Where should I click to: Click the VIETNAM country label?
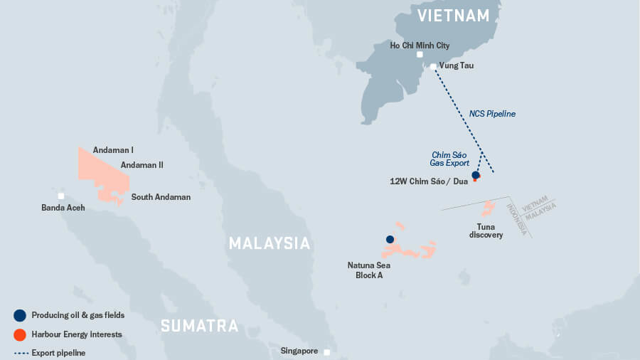pyautogui.click(x=453, y=16)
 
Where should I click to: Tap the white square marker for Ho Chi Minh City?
pyautogui.click(x=420, y=55)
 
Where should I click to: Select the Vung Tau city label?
pyautogui.click(x=456, y=65)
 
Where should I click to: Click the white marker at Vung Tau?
pyautogui.click(x=433, y=67)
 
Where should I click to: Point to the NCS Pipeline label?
pyautogui.click(x=492, y=114)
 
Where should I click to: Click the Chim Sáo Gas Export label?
pyautogui.click(x=449, y=159)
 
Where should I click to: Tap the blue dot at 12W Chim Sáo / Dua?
pyautogui.click(x=476, y=175)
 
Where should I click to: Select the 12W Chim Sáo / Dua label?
pyautogui.click(x=429, y=181)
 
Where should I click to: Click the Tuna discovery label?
pyautogui.click(x=486, y=231)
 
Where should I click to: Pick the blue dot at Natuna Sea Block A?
pyautogui.click(x=390, y=240)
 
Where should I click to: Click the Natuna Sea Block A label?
pyautogui.click(x=368, y=270)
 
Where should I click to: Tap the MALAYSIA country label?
pyautogui.click(x=270, y=243)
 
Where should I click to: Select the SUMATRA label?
pyautogui.click(x=199, y=326)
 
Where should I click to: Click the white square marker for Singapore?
pyautogui.click(x=326, y=352)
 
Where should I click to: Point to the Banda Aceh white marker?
pyautogui.click(x=61, y=196)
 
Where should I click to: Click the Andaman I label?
pyautogui.click(x=113, y=150)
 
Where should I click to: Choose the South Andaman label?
pyautogui.click(x=161, y=197)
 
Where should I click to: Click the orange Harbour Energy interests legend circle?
pyautogui.click(x=20, y=334)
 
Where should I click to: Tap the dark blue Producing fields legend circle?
pyautogui.click(x=20, y=315)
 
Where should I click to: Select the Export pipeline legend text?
pyautogui.click(x=58, y=353)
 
